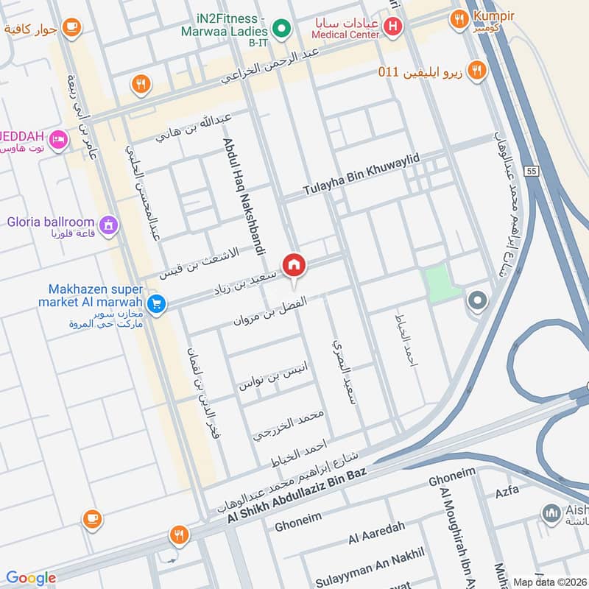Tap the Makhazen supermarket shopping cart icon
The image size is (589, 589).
[155, 303]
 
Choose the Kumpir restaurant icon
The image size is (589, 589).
[460, 18]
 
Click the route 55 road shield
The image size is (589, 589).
[532, 171]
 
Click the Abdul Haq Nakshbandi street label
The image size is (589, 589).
[243, 195]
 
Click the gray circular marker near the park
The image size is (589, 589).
[477, 300]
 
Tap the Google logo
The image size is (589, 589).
[31, 578]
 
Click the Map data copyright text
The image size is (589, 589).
[549, 582]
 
